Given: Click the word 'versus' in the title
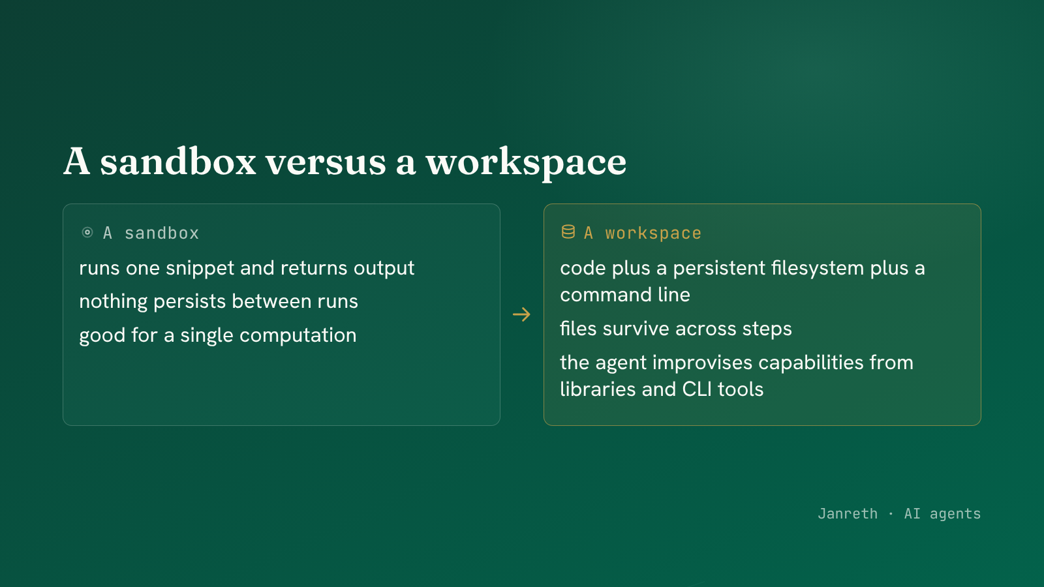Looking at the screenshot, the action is (326, 162).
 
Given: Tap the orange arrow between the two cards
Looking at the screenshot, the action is (521, 314).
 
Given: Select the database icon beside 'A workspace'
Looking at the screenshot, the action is (568, 232).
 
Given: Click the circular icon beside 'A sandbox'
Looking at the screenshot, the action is (87, 232).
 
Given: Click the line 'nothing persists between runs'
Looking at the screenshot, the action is (219, 301).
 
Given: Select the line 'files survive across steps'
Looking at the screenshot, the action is (676, 329).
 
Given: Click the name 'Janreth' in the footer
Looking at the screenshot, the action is (848, 514).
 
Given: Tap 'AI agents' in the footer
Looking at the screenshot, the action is (942, 515).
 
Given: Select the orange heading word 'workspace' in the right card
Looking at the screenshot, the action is (653, 233).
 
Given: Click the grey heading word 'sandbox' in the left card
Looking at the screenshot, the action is (162, 233).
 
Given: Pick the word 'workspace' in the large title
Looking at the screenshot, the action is (526, 163).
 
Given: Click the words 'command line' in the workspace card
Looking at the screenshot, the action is (625, 295).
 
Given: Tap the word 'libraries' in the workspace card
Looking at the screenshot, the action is (598, 389).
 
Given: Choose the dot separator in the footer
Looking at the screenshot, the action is (891, 514).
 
